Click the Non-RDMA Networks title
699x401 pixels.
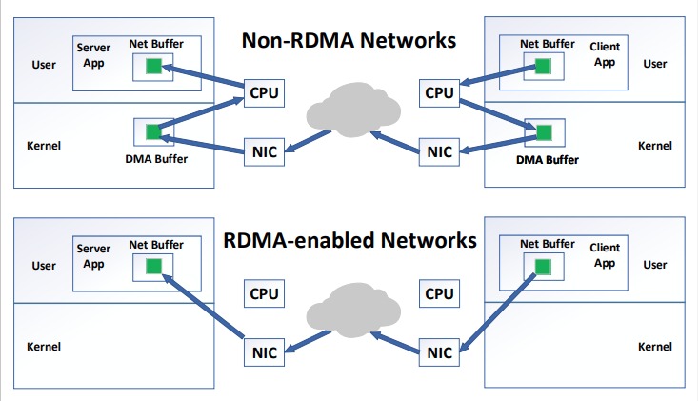pyautogui.click(x=349, y=41)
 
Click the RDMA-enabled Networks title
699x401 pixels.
pyautogui.click(x=349, y=239)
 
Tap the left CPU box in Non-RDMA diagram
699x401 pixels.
pyautogui.click(x=264, y=92)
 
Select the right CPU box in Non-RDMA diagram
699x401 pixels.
pyautogui.click(x=438, y=92)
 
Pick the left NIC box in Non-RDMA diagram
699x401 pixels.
pyautogui.click(x=264, y=150)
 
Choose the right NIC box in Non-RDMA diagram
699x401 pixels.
pyautogui.click(x=438, y=150)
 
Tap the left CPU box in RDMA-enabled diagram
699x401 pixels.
pyautogui.click(x=264, y=293)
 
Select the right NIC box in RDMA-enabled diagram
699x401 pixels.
pyautogui.click(x=438, y=352)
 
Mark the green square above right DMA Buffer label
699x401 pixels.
pyautogui.click(x=543, y=130)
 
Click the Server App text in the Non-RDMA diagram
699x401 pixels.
pyautogui.click(x=93, y=55)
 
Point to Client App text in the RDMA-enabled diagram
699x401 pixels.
pyautogui.click(x=604, y=255)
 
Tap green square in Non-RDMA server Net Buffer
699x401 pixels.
pyautogui.click(x=153, y=66)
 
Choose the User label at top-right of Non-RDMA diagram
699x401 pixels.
pyautogui.click(x=655, y=64)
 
